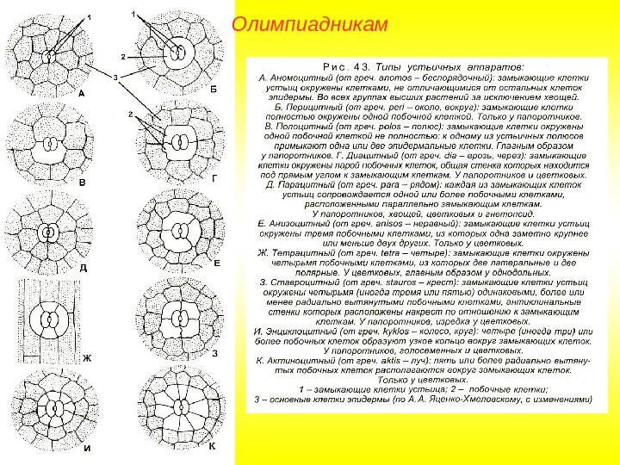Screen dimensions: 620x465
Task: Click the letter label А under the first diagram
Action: point(81,92)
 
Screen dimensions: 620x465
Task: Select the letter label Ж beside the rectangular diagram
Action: point(86,356)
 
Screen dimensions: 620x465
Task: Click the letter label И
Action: point(87,447)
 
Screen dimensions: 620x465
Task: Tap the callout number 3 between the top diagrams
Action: point(115,77)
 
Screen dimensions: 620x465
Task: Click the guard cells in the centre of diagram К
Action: point(179,402)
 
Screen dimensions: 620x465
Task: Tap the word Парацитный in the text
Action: point(309,184)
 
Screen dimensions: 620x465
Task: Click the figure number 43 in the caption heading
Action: point(368,65)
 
